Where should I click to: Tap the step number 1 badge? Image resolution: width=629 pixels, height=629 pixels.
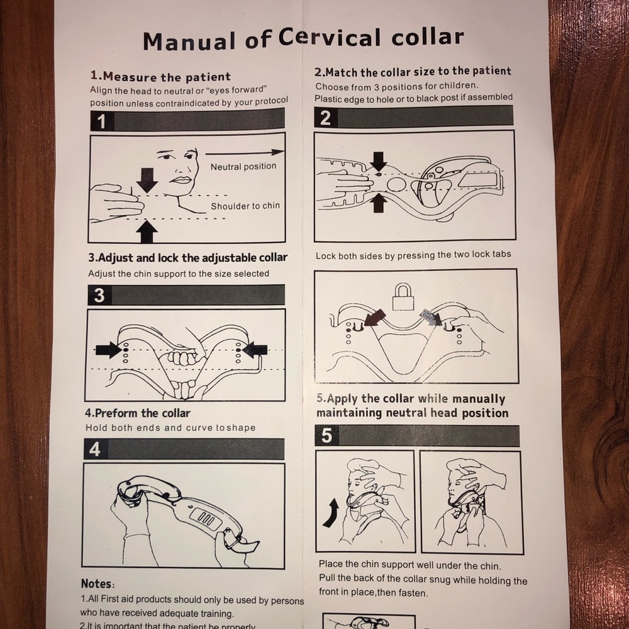(x=101, y=121)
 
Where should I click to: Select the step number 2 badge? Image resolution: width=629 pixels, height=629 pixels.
(x=325, y=118)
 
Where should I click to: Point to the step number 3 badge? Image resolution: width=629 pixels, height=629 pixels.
(x=99, y=295)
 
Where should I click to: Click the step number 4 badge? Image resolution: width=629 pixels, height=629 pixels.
(x=94, y=450)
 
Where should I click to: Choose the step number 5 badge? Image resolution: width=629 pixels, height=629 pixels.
(x=326, y=436)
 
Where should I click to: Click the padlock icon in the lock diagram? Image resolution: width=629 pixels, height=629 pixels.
(x=403, y=296)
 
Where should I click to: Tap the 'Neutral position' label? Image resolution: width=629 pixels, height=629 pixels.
(x=243, y=167)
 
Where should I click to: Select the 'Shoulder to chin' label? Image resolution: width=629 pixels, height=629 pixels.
(x=245, y=206)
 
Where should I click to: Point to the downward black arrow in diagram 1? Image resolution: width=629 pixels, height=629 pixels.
(x=147, y=179)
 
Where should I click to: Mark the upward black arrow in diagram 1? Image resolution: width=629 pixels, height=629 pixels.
(x=147, y=231)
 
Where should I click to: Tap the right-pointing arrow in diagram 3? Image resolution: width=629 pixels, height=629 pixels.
(x=108, y=350)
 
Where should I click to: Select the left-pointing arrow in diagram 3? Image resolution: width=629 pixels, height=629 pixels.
(x=255, y=350)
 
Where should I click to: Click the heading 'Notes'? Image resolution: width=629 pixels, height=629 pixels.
(x=97, y=584)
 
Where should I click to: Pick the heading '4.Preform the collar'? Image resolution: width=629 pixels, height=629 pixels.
(x=137, y=413)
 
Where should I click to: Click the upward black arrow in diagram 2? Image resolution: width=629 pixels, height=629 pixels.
(x=378, y=203)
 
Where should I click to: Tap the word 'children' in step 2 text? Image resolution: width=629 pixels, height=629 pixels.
(x=458, y=86)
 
